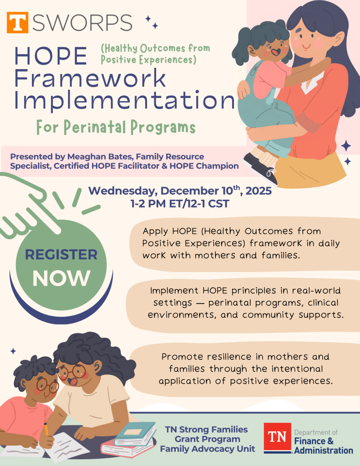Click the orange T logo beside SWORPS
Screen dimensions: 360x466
18,22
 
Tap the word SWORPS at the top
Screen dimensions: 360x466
82,23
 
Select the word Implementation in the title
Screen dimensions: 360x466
125,100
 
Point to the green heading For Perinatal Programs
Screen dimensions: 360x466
116,127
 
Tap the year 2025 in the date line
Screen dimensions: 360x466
259,191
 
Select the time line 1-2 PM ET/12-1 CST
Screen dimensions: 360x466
180,204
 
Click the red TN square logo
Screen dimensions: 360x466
277,437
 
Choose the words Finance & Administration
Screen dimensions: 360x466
324,446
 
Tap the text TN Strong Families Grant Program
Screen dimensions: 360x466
207,434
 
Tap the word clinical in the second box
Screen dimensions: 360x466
323,303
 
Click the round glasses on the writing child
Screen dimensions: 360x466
47,386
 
